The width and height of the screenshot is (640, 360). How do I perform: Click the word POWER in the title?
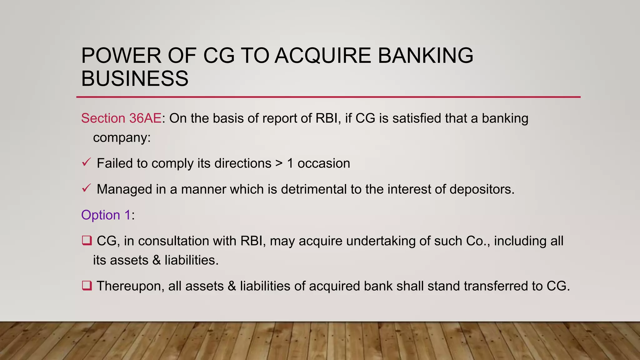click(x=121, y=56)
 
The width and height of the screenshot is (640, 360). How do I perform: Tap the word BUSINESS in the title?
click(x=135, y=78)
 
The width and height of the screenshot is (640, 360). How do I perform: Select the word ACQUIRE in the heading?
click(x=323, y=56)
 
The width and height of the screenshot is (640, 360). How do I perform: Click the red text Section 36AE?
click(x=121, y=118)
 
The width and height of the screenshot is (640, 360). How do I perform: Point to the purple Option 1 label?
click(x=106, y=215)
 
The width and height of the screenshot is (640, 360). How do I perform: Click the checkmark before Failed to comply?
click(x=86, y=162)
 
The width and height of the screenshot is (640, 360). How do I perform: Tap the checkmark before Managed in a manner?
click(x=86, y=188)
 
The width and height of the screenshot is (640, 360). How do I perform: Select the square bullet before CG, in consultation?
click(x=87, y=241)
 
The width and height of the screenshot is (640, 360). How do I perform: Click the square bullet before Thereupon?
click(x=87, y=286)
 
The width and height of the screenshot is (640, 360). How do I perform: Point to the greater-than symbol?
click(x=279, y=163)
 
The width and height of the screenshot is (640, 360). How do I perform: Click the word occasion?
click(x=323, y=163)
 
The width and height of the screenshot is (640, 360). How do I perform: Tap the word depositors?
click(x=482, y=189)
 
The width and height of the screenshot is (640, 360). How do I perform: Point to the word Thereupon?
click(x=130, y=286)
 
